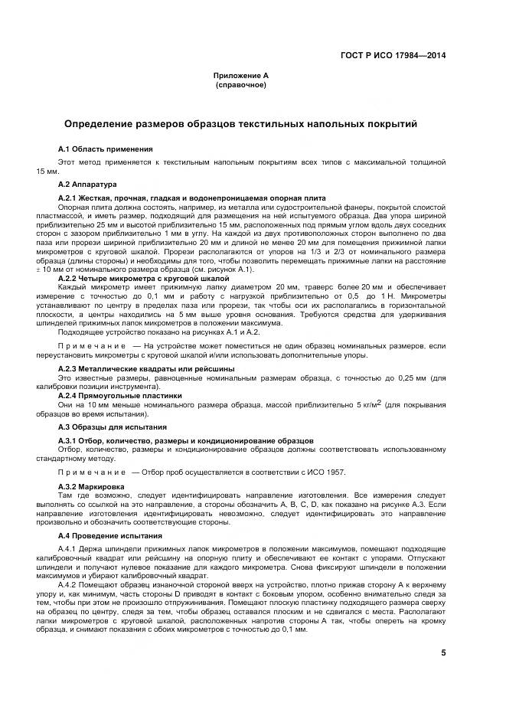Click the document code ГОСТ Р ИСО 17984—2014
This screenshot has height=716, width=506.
[x=398, y=55]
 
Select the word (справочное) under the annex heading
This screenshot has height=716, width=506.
[x=241, y=84]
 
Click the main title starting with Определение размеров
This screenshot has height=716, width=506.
[x=240, y=123]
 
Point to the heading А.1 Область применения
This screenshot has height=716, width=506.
[x=106, y=148]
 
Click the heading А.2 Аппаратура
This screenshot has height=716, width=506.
[x=87, y=185]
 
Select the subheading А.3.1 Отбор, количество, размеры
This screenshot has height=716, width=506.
[x=185, y=441]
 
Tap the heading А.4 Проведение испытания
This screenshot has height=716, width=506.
[x=110, y=535]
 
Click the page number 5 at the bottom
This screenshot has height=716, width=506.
[x=443, y=652]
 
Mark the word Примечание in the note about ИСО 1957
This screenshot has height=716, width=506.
[x=93, y=472]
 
